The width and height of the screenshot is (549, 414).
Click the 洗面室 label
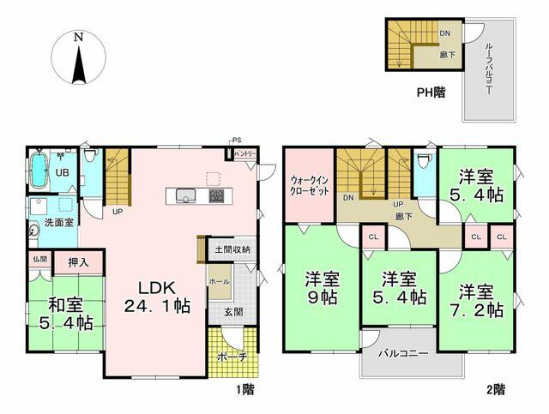coord(58,223)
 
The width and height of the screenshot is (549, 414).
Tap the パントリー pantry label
coord(244,153)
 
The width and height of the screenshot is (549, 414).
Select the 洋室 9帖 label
coord(322,289)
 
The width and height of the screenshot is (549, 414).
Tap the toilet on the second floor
coord(421,161)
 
